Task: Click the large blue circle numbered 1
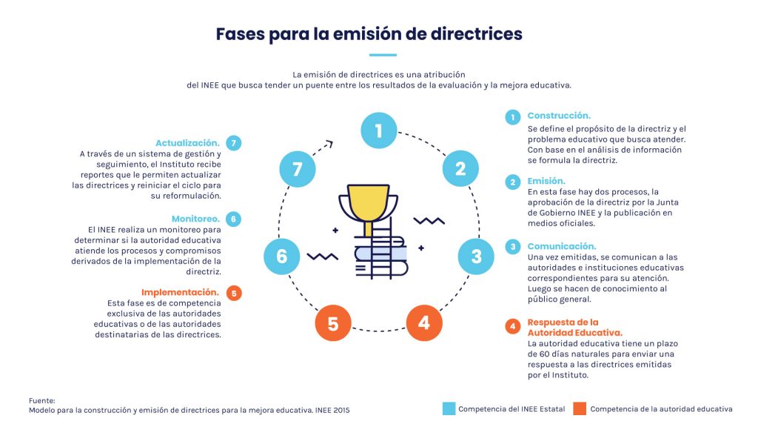379,130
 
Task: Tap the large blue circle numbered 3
476,256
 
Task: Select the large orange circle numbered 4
424,323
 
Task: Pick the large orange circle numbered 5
333,323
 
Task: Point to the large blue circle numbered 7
298,169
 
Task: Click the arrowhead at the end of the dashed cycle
329,143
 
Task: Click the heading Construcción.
559,116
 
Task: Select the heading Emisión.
546,181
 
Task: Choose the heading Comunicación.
562,246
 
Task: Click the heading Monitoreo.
195,219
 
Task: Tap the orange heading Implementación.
181,292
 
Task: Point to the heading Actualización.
187,143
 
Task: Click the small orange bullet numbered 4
513,327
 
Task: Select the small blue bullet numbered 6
233,219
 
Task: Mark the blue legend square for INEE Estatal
449,408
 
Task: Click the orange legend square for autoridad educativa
580,408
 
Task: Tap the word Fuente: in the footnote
42,401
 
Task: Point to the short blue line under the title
383,55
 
